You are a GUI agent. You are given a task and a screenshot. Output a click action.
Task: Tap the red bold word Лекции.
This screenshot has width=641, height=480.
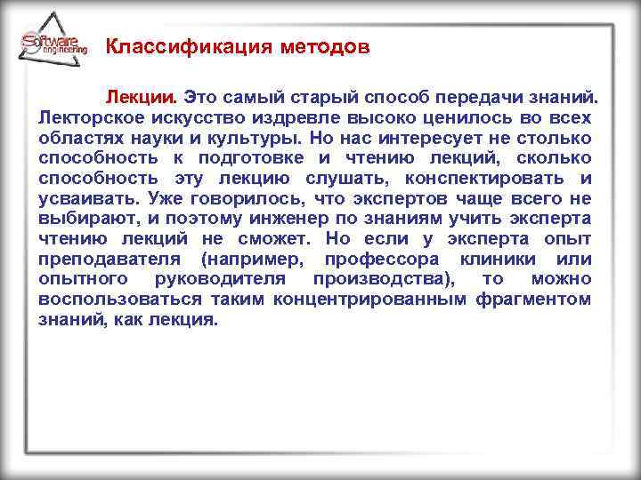[x=143, y=95]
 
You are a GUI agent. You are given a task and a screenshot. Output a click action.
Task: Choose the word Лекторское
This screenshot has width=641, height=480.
[x=89, y=117]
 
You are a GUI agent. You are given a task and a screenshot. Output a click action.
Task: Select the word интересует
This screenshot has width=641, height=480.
[x=414, y=140]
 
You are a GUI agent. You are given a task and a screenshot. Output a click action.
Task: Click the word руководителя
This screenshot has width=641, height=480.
[x=236, y=279]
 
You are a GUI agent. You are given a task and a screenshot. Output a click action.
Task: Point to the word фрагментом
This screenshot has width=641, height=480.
[x=534, y=300]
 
